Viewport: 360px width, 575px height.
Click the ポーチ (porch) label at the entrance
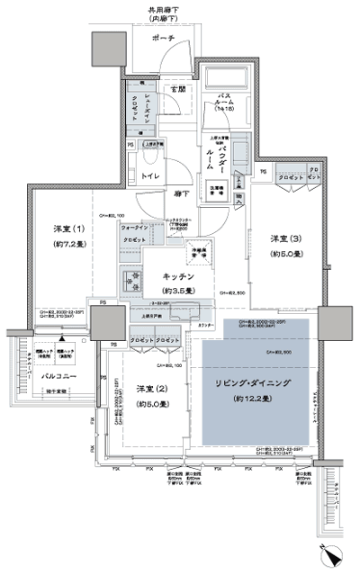coord(165,40)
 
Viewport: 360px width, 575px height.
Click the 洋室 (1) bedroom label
coord(67,230)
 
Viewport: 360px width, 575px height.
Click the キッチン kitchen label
coord(180,277)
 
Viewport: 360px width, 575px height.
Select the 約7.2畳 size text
coord(67,245)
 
